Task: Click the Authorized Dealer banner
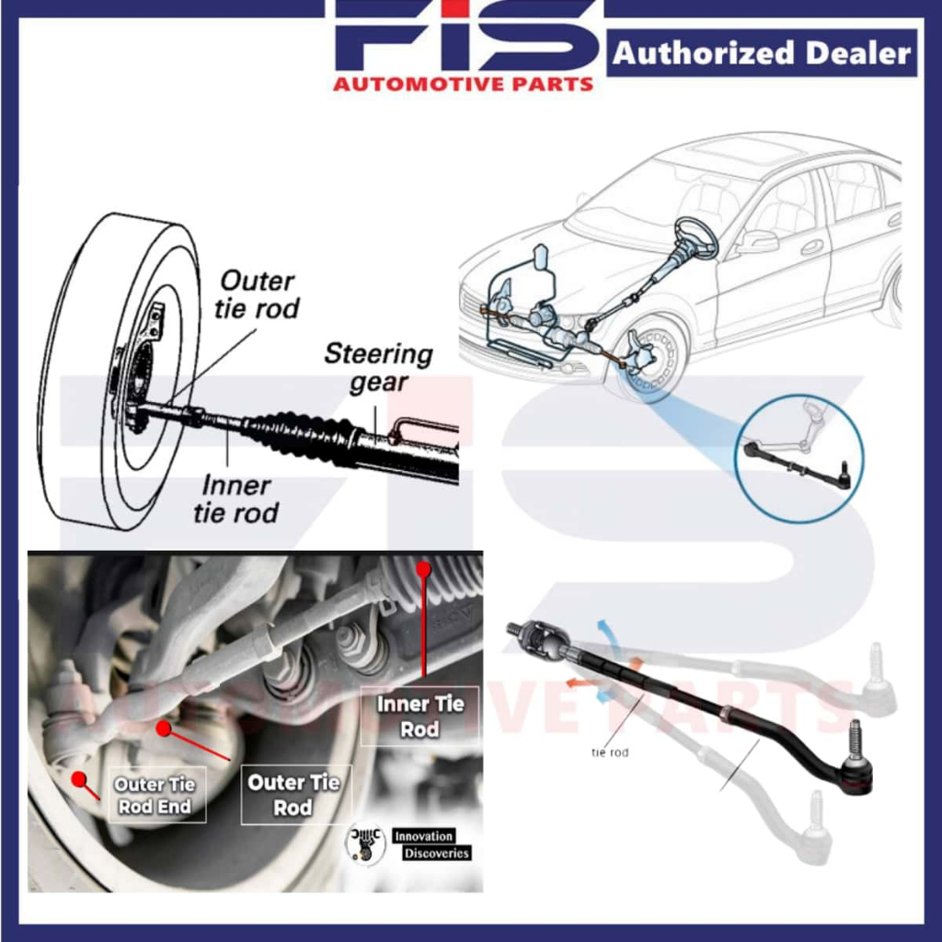tap(762, 54)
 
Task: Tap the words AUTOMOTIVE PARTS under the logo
tap(463, 85)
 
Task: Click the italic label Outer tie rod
tap(257, 294)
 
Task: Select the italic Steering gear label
tap(378, 367)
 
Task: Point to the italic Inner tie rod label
tap(235, 499)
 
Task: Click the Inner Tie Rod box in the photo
tap(419, 716)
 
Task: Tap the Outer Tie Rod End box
tap(154, 795)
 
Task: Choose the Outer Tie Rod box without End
tap(293, 795)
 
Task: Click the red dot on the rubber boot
tap(423, 569)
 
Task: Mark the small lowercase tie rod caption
tap(610, 752)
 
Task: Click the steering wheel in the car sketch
tap(695, 238)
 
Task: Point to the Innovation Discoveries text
tap(431, 844)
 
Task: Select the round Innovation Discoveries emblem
tap(365, 843)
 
